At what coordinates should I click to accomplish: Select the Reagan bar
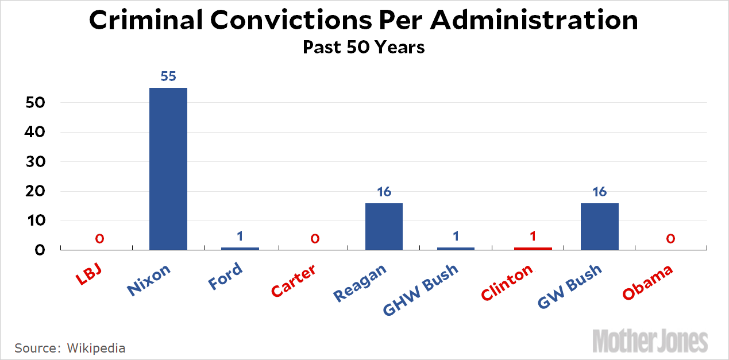[x=384, y=226]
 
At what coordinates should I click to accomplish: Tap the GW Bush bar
[x=599, y=226]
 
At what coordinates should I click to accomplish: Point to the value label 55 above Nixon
[x=168, y=76]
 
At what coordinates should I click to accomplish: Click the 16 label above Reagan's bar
[x=384, y=192]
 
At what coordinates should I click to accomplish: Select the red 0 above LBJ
[x=99, y=238]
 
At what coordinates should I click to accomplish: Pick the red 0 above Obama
[x=670, y=238]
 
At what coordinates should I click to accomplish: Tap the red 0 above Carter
[x=315, y=238]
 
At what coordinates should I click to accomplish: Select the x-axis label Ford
[x=225, y=276]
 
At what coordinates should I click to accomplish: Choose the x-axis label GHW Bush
[x=421, y=291]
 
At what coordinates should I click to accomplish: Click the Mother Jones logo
[x=650, y=340]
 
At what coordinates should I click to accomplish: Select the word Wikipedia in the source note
[x=96, y=348]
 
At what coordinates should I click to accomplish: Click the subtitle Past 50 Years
[x=364, y=47]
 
